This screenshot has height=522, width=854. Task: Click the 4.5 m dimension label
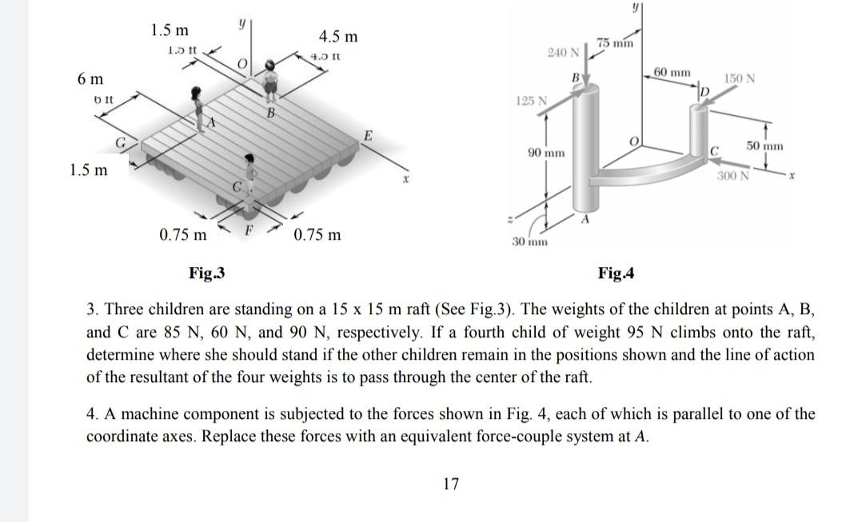338,37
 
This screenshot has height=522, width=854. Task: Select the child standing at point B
272,84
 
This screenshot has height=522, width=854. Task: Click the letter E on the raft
368,136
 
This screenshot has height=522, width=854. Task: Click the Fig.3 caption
206,273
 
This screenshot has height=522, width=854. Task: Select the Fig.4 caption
616,273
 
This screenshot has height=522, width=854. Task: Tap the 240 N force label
563,53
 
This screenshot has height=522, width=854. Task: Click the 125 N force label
532,102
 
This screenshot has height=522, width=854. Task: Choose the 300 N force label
732,176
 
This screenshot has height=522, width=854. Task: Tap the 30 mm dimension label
529,241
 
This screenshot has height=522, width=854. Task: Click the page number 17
451,483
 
